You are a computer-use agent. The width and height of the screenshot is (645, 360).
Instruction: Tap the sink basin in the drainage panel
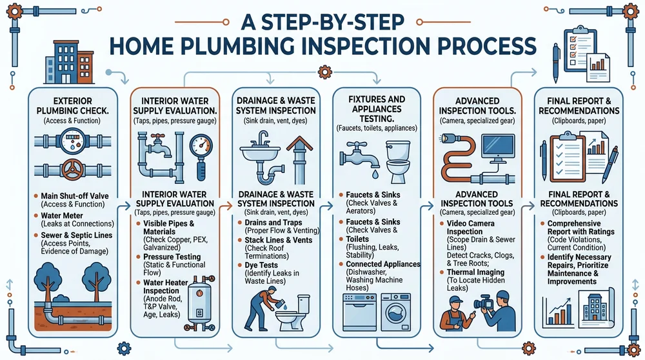pyautogui.click(x=266, y=155)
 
